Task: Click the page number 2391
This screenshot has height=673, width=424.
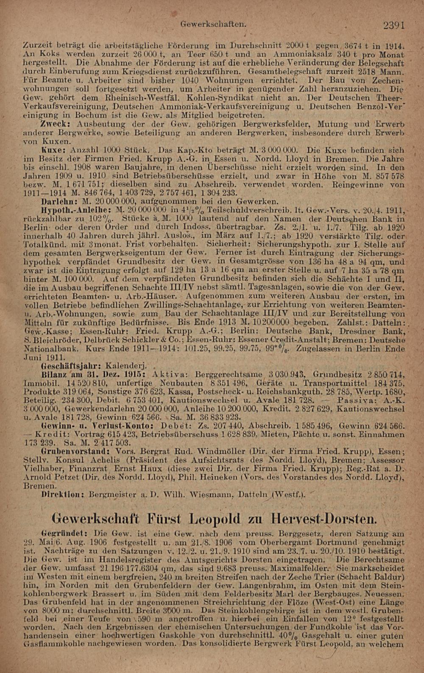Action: pos(394,25)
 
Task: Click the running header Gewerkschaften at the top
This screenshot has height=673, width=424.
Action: pos(213,24)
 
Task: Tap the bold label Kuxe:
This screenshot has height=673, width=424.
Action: pos(54,150)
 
